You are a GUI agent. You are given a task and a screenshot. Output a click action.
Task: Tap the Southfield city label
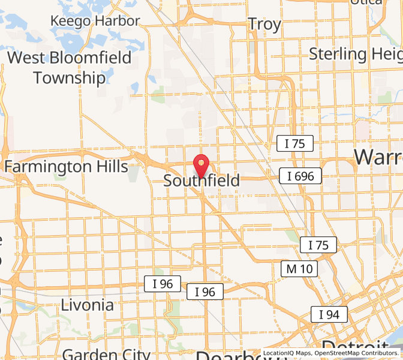[201, 181]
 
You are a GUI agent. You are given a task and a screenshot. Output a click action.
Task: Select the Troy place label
[264, 25]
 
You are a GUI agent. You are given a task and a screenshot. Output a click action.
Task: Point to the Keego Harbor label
[95, 20]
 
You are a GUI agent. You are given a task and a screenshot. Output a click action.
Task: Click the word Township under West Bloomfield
[69, 77]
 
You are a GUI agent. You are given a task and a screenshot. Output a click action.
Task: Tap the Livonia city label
[87, 305]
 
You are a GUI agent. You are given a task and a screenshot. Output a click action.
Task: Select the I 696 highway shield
[300, 176]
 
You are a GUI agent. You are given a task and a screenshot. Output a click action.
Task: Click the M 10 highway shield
[299, 269]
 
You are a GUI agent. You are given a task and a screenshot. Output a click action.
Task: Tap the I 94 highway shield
[329, 314]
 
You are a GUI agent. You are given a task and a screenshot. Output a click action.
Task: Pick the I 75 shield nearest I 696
[294, 143]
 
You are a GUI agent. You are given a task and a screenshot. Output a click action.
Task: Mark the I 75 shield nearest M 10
[318, 245]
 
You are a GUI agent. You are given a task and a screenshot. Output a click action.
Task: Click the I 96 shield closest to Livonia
[162, 284]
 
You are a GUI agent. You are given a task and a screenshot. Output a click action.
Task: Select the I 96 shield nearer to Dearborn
[205, 292]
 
